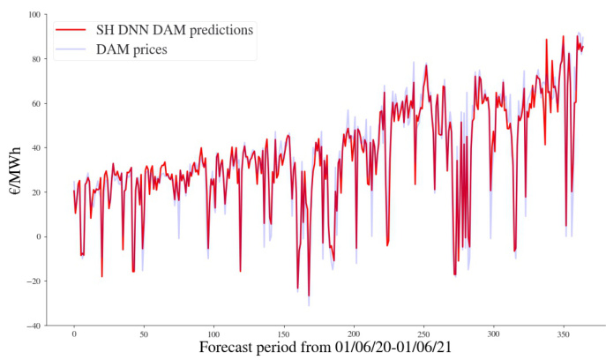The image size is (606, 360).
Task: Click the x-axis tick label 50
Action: point(144,335)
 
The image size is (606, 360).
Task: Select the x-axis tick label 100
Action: point(213,335)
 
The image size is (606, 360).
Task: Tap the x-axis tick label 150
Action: point(283,335)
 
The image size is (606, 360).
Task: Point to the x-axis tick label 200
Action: point(353,335)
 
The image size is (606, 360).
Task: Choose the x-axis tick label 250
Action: point(423,335)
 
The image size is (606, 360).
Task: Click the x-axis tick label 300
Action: point(492,335)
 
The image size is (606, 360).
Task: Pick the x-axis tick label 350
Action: point(562,335)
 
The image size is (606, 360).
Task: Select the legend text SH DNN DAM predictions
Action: point(175,30)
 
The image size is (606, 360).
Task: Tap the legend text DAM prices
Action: point(131,49)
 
